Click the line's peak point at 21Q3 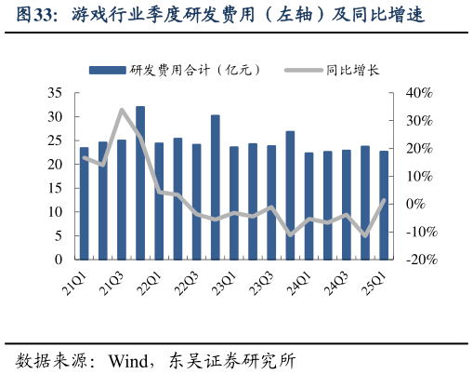[122, 110]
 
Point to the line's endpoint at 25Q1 [384, 200]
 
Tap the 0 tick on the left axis [58, 260]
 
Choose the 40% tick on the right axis [420, 93]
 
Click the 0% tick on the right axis [415, 205]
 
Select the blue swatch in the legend [108, 70]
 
